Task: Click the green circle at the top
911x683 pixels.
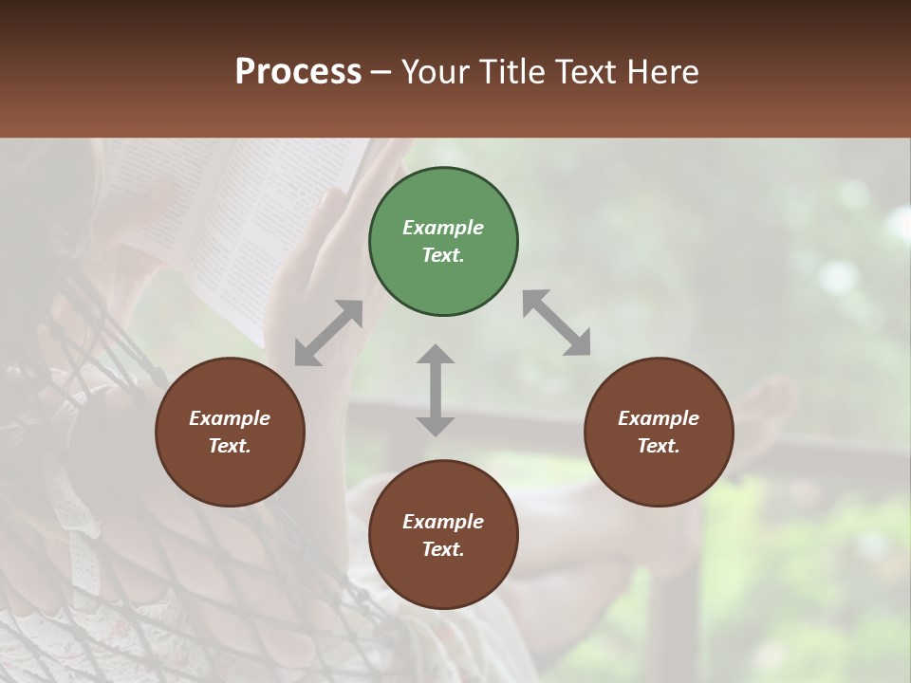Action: (x=443, y=242)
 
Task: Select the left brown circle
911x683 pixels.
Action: (x=230, y=432)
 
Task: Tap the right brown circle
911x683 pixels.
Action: (x=658, y=432)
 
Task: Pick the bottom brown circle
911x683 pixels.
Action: (x=443, y=535)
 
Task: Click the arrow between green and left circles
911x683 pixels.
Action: (x=328, y=333)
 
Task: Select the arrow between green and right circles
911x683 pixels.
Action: (x=557, y=323)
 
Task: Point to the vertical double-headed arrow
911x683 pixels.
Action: (x=436, y=390)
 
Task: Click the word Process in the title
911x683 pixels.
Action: (x=298, y=71)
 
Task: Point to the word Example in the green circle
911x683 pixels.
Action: (x=443, y=228)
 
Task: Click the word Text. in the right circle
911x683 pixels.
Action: (x=658, y=446)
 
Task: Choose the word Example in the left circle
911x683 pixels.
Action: (x=230, y=418)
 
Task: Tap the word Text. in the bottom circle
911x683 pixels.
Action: (x=443, y=549)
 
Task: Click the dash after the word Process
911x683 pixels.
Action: (x=381, y=72)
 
